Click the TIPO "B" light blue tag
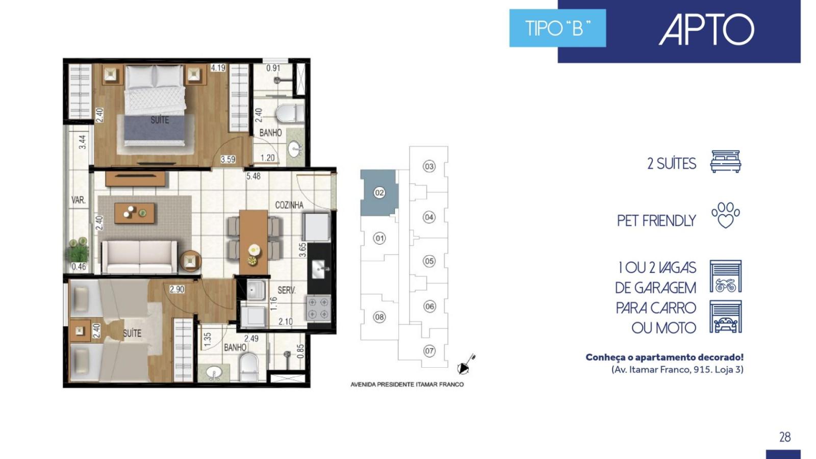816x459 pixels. click(x=557, y=28)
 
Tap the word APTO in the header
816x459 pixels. click(x=706, y=30)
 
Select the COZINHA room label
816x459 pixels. click(x=289, y=205)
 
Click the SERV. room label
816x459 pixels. click(x=287, y=290)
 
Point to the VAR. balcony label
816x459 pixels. click(x=79, y=200)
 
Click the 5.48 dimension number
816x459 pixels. click(x=253, y=176)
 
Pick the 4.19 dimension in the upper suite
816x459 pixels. click(x=218, y=68)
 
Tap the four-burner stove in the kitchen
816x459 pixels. click(x=319, y=309)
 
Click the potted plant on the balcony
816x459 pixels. click(x=78, y=249)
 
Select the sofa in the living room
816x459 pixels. click(x=140, y=257)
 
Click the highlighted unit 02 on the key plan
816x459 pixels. click(x=379, y=192)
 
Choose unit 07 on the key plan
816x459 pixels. click(x=429, y=351)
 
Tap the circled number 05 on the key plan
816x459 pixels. click(x=429, y=261)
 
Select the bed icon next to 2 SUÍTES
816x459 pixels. click(x=726, y=161)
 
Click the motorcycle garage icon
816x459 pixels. click(x=726, y=276)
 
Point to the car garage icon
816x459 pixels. click(x=726, y=317)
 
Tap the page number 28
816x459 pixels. click(x=785, y=437)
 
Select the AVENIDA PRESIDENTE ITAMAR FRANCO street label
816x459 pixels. click(x=407, y=385)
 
